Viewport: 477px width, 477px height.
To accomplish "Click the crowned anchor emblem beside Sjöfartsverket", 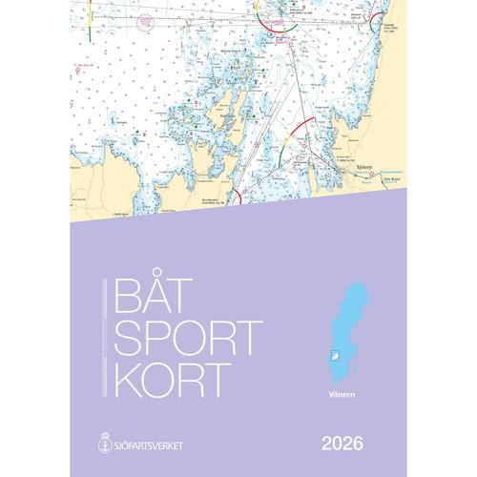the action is pyautogui.click(x=99, y=417).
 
